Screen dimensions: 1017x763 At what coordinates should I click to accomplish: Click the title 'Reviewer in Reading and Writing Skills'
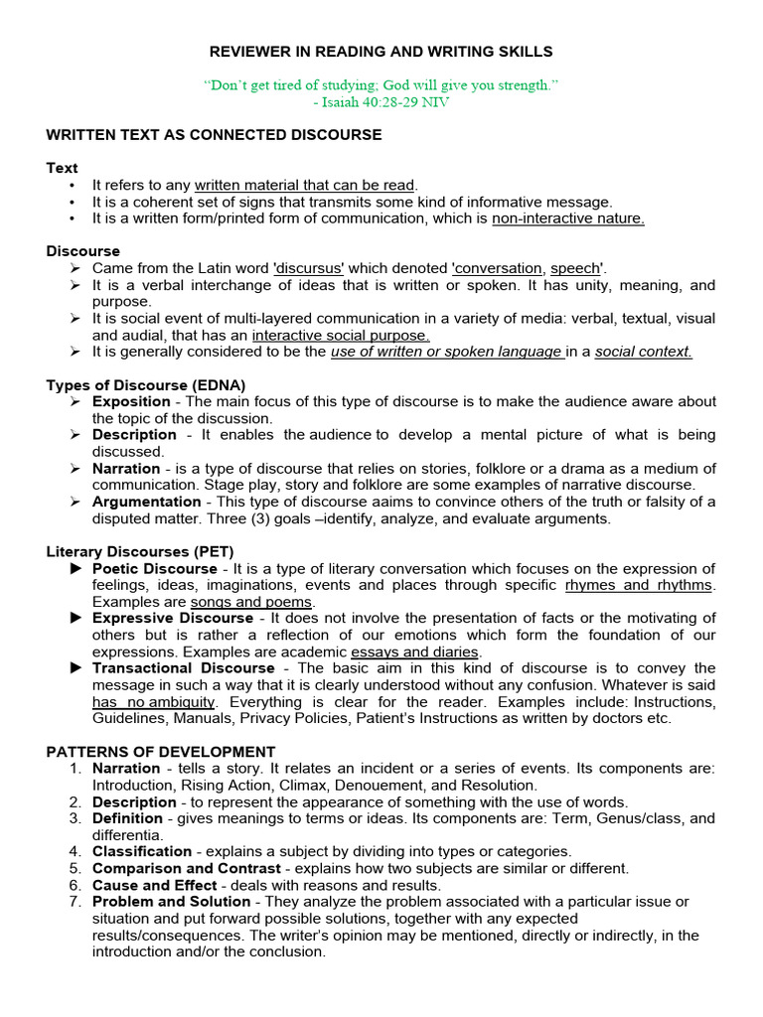click(x=381, y=51)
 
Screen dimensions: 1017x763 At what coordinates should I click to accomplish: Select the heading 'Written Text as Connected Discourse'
click(x=214, y=134)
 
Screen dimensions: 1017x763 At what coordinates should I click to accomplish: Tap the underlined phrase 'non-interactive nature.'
click(x=568, y=218)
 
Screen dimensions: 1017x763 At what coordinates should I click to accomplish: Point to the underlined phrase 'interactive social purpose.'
click(x=341, y=336)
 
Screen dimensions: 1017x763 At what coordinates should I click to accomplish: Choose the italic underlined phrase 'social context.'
click(x=643, y=353)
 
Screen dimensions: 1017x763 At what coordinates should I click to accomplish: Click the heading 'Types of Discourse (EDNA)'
click(x=146, y=385)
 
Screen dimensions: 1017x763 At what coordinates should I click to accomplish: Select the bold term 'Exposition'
click(x=131, y=401)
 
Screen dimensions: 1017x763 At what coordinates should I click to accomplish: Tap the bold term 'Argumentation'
click(x=145, y=502)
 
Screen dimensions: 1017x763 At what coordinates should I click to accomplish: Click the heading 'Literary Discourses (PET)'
click(x=140, y=551)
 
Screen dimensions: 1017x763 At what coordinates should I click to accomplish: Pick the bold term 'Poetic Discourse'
click(x=154, y=568)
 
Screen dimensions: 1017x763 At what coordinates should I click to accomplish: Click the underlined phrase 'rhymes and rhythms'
click(x=640, y=585)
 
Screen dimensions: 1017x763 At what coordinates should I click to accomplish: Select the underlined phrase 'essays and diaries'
click(x=415, y=652)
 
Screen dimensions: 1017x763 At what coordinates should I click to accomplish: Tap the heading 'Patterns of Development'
click(x=161, y=752)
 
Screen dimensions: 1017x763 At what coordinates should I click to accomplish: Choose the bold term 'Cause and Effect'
click(x=154, y=885)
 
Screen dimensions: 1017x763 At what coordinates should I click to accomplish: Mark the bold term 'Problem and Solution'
click(x=171, y=902)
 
